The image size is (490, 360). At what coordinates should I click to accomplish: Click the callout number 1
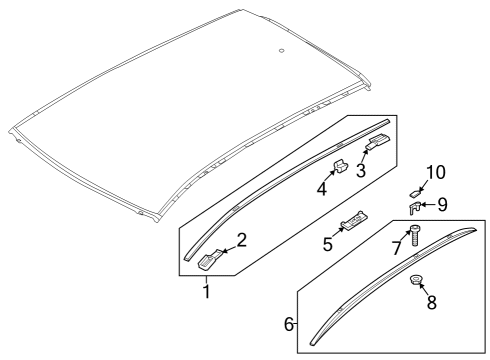point(207,292)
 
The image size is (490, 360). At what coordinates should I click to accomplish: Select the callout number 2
point(241,240)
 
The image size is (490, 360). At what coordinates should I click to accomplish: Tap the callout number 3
point(361,170)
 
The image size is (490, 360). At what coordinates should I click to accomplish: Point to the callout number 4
point(322,189)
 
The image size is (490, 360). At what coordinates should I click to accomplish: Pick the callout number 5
point(328,244)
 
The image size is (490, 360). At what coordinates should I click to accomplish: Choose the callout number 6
point(289,324)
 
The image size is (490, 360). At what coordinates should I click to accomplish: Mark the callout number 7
point(396,248)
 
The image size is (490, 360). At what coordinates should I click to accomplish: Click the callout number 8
point(432,303)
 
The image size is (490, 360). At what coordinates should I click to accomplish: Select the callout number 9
point(442,204)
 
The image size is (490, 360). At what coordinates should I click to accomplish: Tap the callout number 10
point(436,173)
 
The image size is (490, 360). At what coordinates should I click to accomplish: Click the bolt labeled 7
point(414,236)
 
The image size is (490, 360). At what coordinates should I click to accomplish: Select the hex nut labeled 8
point(415,279)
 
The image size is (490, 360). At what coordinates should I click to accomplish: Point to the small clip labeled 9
point(414,207)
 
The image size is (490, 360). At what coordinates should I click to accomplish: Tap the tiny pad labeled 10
point(414,193)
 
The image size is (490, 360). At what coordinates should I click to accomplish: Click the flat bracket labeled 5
point(354,220)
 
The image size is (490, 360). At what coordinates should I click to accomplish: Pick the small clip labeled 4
point(340,166)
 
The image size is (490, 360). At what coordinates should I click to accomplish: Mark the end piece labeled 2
point(211,259)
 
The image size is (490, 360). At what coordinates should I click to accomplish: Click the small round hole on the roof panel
point(282,51)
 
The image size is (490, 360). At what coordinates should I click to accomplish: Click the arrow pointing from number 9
point(428,205)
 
